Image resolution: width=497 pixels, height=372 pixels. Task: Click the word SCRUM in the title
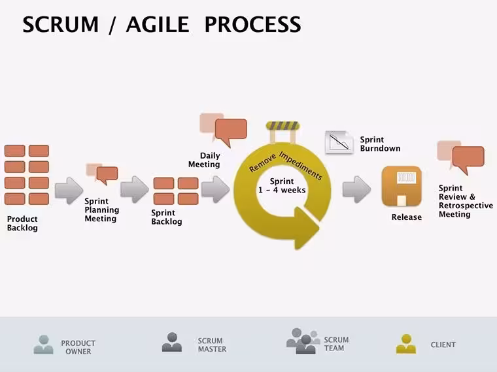[x=61, y=24]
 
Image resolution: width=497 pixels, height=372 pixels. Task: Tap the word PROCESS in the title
[x=252, y=24]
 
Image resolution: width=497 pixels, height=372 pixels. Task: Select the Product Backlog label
[x=22, y=223]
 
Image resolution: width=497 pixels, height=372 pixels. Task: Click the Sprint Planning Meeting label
[x=102, y=210]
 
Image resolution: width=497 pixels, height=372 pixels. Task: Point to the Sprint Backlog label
[x=166, y=217]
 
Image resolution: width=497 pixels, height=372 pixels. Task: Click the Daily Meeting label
[x=204, y=160]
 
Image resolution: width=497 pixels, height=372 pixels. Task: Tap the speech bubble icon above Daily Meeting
[x=224, y=130]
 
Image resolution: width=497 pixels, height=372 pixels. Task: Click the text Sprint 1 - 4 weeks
[x=282, y=186]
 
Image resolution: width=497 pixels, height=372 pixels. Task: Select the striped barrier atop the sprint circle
[x=283, y=125]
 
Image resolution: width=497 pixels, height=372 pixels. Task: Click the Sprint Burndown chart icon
[x=339, y=142]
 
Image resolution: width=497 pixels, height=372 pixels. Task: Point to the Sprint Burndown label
[x=380, y=144]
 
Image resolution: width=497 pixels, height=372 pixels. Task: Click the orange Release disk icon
[x=402, y=186]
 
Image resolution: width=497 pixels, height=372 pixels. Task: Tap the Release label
[x=407, y=217]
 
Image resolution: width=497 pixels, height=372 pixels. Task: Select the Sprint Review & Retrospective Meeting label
[x=466, y=201]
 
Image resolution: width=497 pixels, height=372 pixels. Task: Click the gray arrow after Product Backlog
[x=69, y=191]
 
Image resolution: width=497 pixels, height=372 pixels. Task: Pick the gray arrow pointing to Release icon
[x=356, y=189]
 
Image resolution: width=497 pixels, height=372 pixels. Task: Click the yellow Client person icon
[x=406, y=344]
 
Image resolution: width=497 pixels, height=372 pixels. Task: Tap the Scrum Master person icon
[x=172, y=342]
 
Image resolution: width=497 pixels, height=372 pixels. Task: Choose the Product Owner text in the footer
[x=78, y=347]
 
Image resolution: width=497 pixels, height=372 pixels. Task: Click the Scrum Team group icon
[x=303, y=341]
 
